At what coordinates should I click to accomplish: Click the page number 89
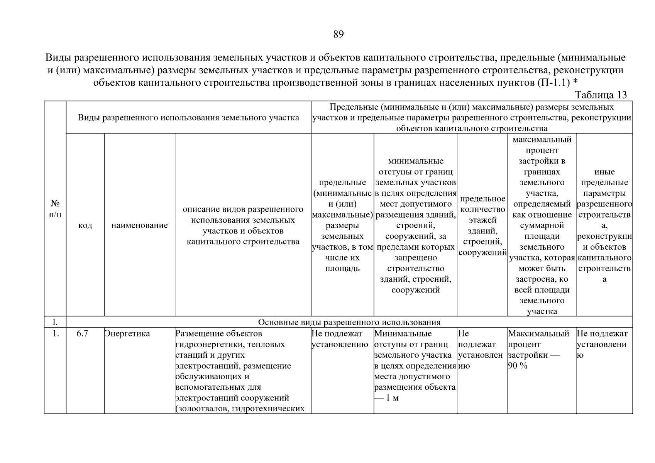338,35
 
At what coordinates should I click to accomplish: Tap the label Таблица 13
601,95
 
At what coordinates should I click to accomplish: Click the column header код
85,225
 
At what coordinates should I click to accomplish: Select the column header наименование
139,225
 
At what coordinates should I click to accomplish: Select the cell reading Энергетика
127,334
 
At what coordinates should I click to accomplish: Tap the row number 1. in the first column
56,334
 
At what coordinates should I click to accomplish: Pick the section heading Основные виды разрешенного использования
349,322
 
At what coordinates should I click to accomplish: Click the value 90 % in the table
518,366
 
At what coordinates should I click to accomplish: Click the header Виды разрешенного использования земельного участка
188,118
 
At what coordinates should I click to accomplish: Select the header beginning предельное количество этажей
482,226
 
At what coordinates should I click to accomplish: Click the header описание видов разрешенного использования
243,226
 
